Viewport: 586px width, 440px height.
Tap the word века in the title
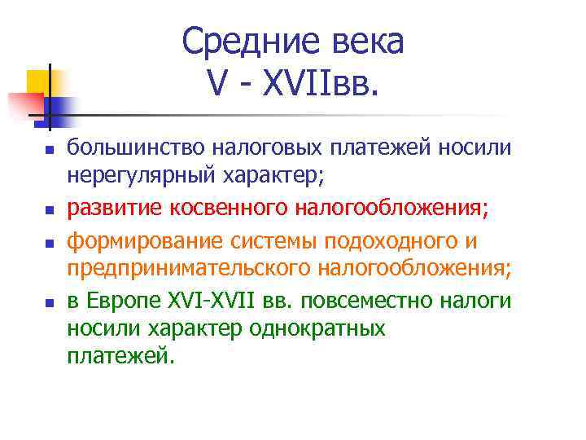pyautogui.click(x=363, y=42)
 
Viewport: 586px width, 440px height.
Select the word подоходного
pyautogui.click(x=394, y=243)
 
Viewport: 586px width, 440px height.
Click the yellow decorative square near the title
pyautogui.click(x=39, y=81)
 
